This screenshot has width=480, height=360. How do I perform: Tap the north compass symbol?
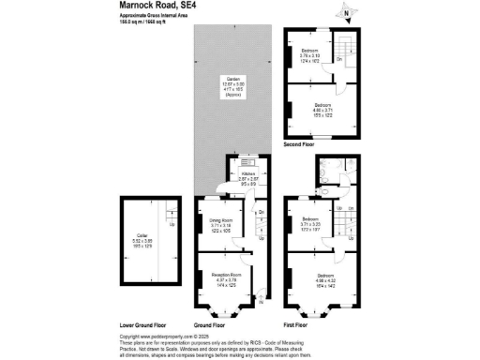point(346,13)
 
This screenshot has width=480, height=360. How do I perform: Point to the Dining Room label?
point(220,226)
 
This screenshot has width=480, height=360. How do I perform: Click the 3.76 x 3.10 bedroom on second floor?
point(309,54)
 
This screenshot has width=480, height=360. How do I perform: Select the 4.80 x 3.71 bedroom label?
point(322,107)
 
